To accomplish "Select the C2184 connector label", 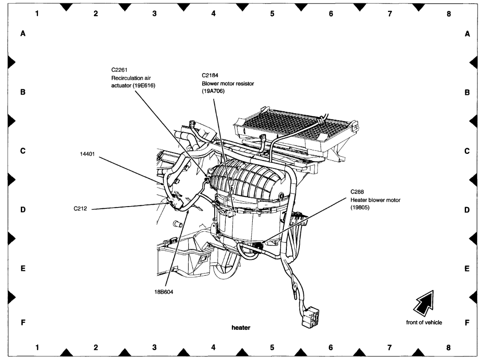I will pos(210,76).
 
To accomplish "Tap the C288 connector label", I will pos(357,192).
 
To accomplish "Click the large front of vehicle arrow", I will pos(423,301).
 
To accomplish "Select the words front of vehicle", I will pos(424,322).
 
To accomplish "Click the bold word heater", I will pos(241,328).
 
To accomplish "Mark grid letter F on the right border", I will pos(467,323).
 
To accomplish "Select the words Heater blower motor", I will pos(375,200).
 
